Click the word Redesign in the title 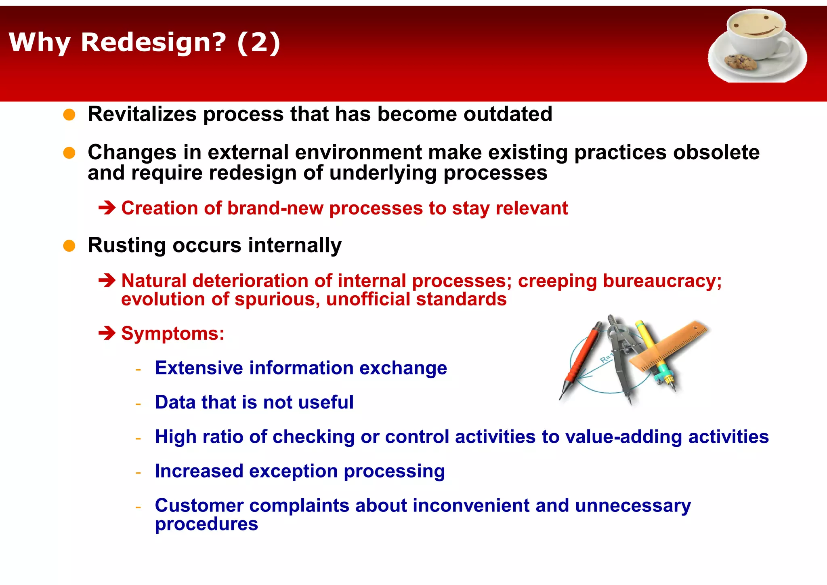point(153,42)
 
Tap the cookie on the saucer point(740,62)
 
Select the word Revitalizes point(142,114)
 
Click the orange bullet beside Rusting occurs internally point(69,246)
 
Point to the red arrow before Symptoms point(107,333)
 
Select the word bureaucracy point(662,281)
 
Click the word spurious point(277,299)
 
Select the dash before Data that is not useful point(138,404)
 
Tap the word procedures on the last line point(206,524)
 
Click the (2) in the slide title point(258,42)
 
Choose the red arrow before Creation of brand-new point(107,208)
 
